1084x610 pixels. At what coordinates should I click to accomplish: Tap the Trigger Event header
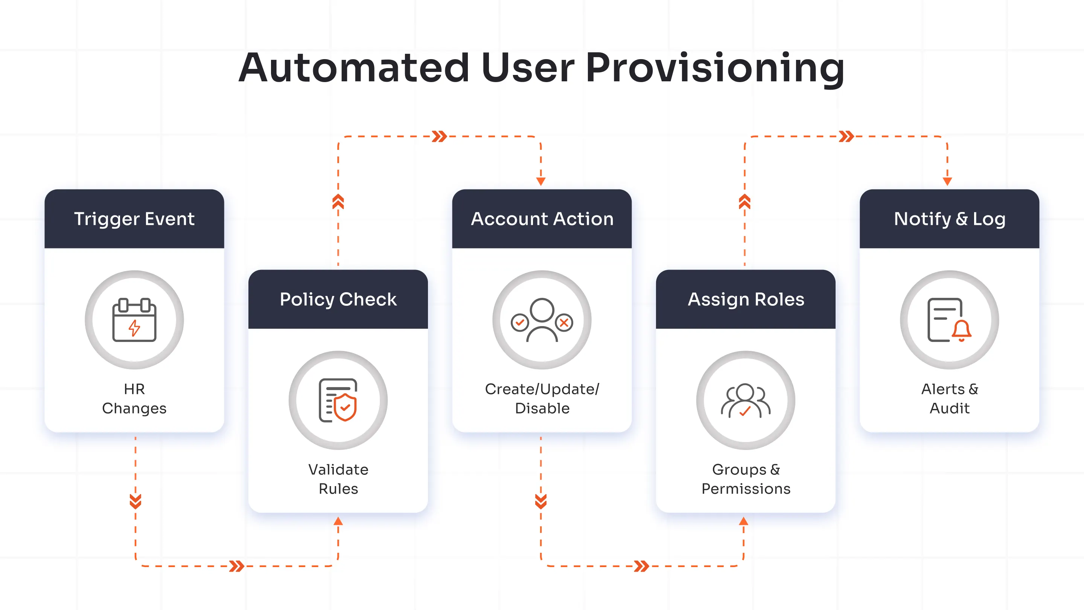(x=134, y=219)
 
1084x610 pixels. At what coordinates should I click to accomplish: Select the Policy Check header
(x=338, y=299)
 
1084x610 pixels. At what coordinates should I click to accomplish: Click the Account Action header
(x=542, y=219)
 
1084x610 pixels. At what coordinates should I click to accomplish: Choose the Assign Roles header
(x=746, y=299)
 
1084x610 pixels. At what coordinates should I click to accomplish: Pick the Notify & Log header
(x=949, y=219)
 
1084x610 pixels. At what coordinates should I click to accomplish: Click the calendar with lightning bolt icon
(x=134, y=320)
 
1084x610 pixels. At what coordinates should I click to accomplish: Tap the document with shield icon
(x=338, y=400)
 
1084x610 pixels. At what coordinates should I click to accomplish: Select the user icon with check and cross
(x=542, y=320)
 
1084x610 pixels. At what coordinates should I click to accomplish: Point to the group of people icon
(x=746, y=400)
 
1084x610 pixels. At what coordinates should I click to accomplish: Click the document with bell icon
(x=949, y=320)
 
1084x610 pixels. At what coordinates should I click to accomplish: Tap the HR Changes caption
(x=134, y=398)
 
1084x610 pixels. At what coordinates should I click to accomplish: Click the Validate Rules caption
(x=338, y=479)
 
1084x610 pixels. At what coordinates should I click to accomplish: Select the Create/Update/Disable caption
(x=542, y=398)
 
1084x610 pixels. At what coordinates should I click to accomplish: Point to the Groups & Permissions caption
(x=746, y=479)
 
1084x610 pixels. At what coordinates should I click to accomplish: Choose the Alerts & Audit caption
(x=949, y=398)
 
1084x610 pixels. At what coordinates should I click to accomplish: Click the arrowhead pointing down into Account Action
(x=541, y=181)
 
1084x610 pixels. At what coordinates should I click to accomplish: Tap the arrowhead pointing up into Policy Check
(x=338, y=521)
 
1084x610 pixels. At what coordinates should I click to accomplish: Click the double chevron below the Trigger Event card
(x=135, y=501)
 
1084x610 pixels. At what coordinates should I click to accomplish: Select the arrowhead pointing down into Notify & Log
(x=947, y=181)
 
